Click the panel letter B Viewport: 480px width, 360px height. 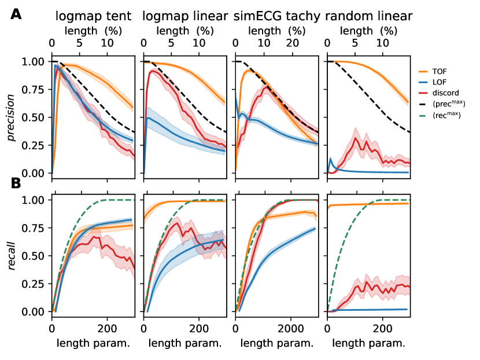[16, 184]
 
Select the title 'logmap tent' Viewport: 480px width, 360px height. [93, 16]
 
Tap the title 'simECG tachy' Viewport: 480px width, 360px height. [276, 16]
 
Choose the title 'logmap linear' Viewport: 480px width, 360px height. [184, 16]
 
